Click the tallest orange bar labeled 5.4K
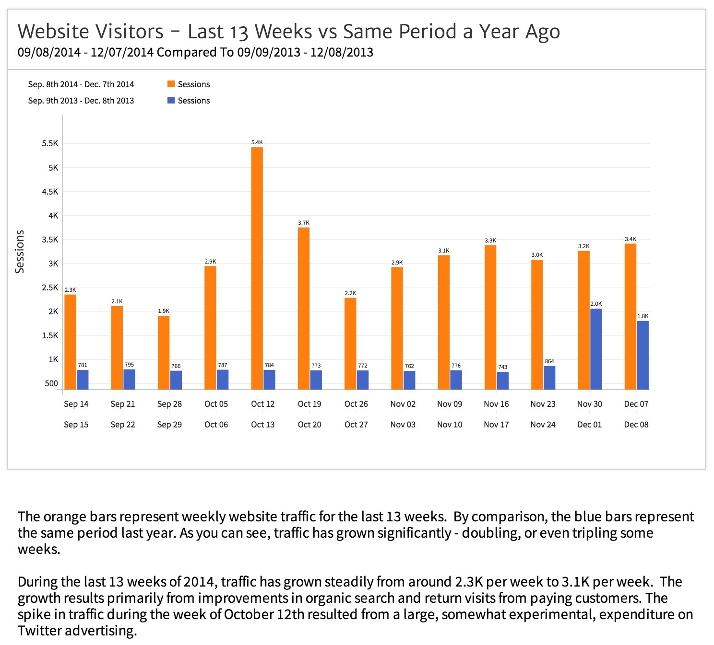(x=257, y=268)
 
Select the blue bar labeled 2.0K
(x=596, y=349)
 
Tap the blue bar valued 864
(x=549, y=378)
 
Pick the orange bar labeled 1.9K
(x=164, y=353)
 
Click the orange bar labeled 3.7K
(x=304, y=309)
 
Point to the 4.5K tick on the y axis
(x=50, y=192)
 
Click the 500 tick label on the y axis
(x=51, y=383)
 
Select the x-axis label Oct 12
(x=262, y=404)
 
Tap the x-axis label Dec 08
(x=636, y=425)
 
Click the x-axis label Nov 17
(x=496, y=425)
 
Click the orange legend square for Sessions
(x=171, y=84)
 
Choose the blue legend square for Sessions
(x=171, y=100)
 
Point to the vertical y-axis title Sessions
(x=20, y=252)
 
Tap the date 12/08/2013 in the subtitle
(x=342, y=52)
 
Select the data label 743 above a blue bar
(x=502, y=367)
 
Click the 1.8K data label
(x=643, y=316)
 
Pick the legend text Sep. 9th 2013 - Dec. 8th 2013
(x=81, y=101)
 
